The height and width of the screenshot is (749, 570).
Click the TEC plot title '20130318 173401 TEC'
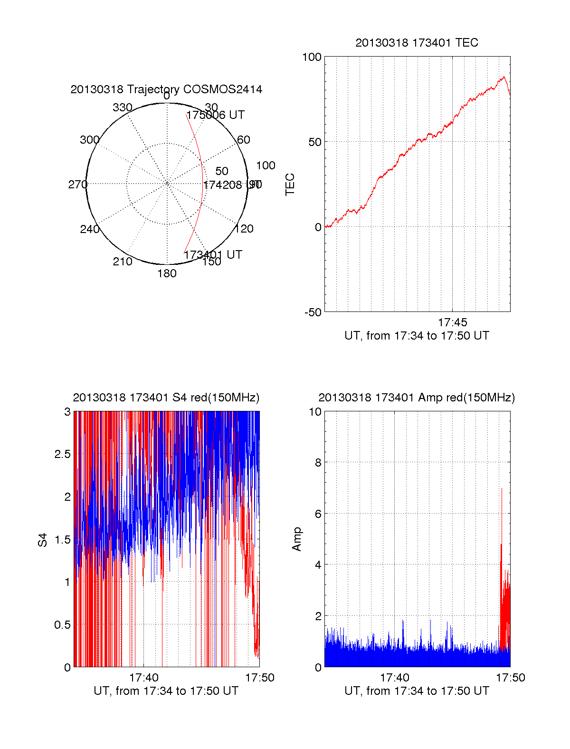point(417,43)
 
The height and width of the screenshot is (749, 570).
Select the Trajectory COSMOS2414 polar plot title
point(166,89)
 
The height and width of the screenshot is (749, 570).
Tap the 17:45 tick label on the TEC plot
point(452,322)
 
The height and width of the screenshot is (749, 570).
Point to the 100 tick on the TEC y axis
point(312,57)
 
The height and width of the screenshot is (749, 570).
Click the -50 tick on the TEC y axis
point(313,312)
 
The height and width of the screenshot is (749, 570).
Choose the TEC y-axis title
point(290,184)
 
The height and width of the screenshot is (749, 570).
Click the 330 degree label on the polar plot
point(122,107)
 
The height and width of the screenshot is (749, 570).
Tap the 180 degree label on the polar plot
point(167,273)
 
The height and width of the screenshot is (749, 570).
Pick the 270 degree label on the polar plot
point(77,185)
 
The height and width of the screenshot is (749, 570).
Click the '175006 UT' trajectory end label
point(215,115)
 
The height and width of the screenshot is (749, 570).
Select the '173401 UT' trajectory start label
point(213,255)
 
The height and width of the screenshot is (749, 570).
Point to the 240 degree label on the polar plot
point(89,229)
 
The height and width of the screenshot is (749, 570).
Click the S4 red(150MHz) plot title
point(166,398)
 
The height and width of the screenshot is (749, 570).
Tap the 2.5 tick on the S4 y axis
point(62,454)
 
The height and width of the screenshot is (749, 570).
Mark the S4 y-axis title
point(43,540)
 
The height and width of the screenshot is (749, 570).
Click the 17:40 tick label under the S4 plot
point(143,678)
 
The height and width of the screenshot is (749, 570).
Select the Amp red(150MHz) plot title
point(417,398)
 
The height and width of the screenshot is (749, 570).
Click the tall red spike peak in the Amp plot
point(502,489)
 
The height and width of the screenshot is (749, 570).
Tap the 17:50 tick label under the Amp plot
point(511,678)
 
